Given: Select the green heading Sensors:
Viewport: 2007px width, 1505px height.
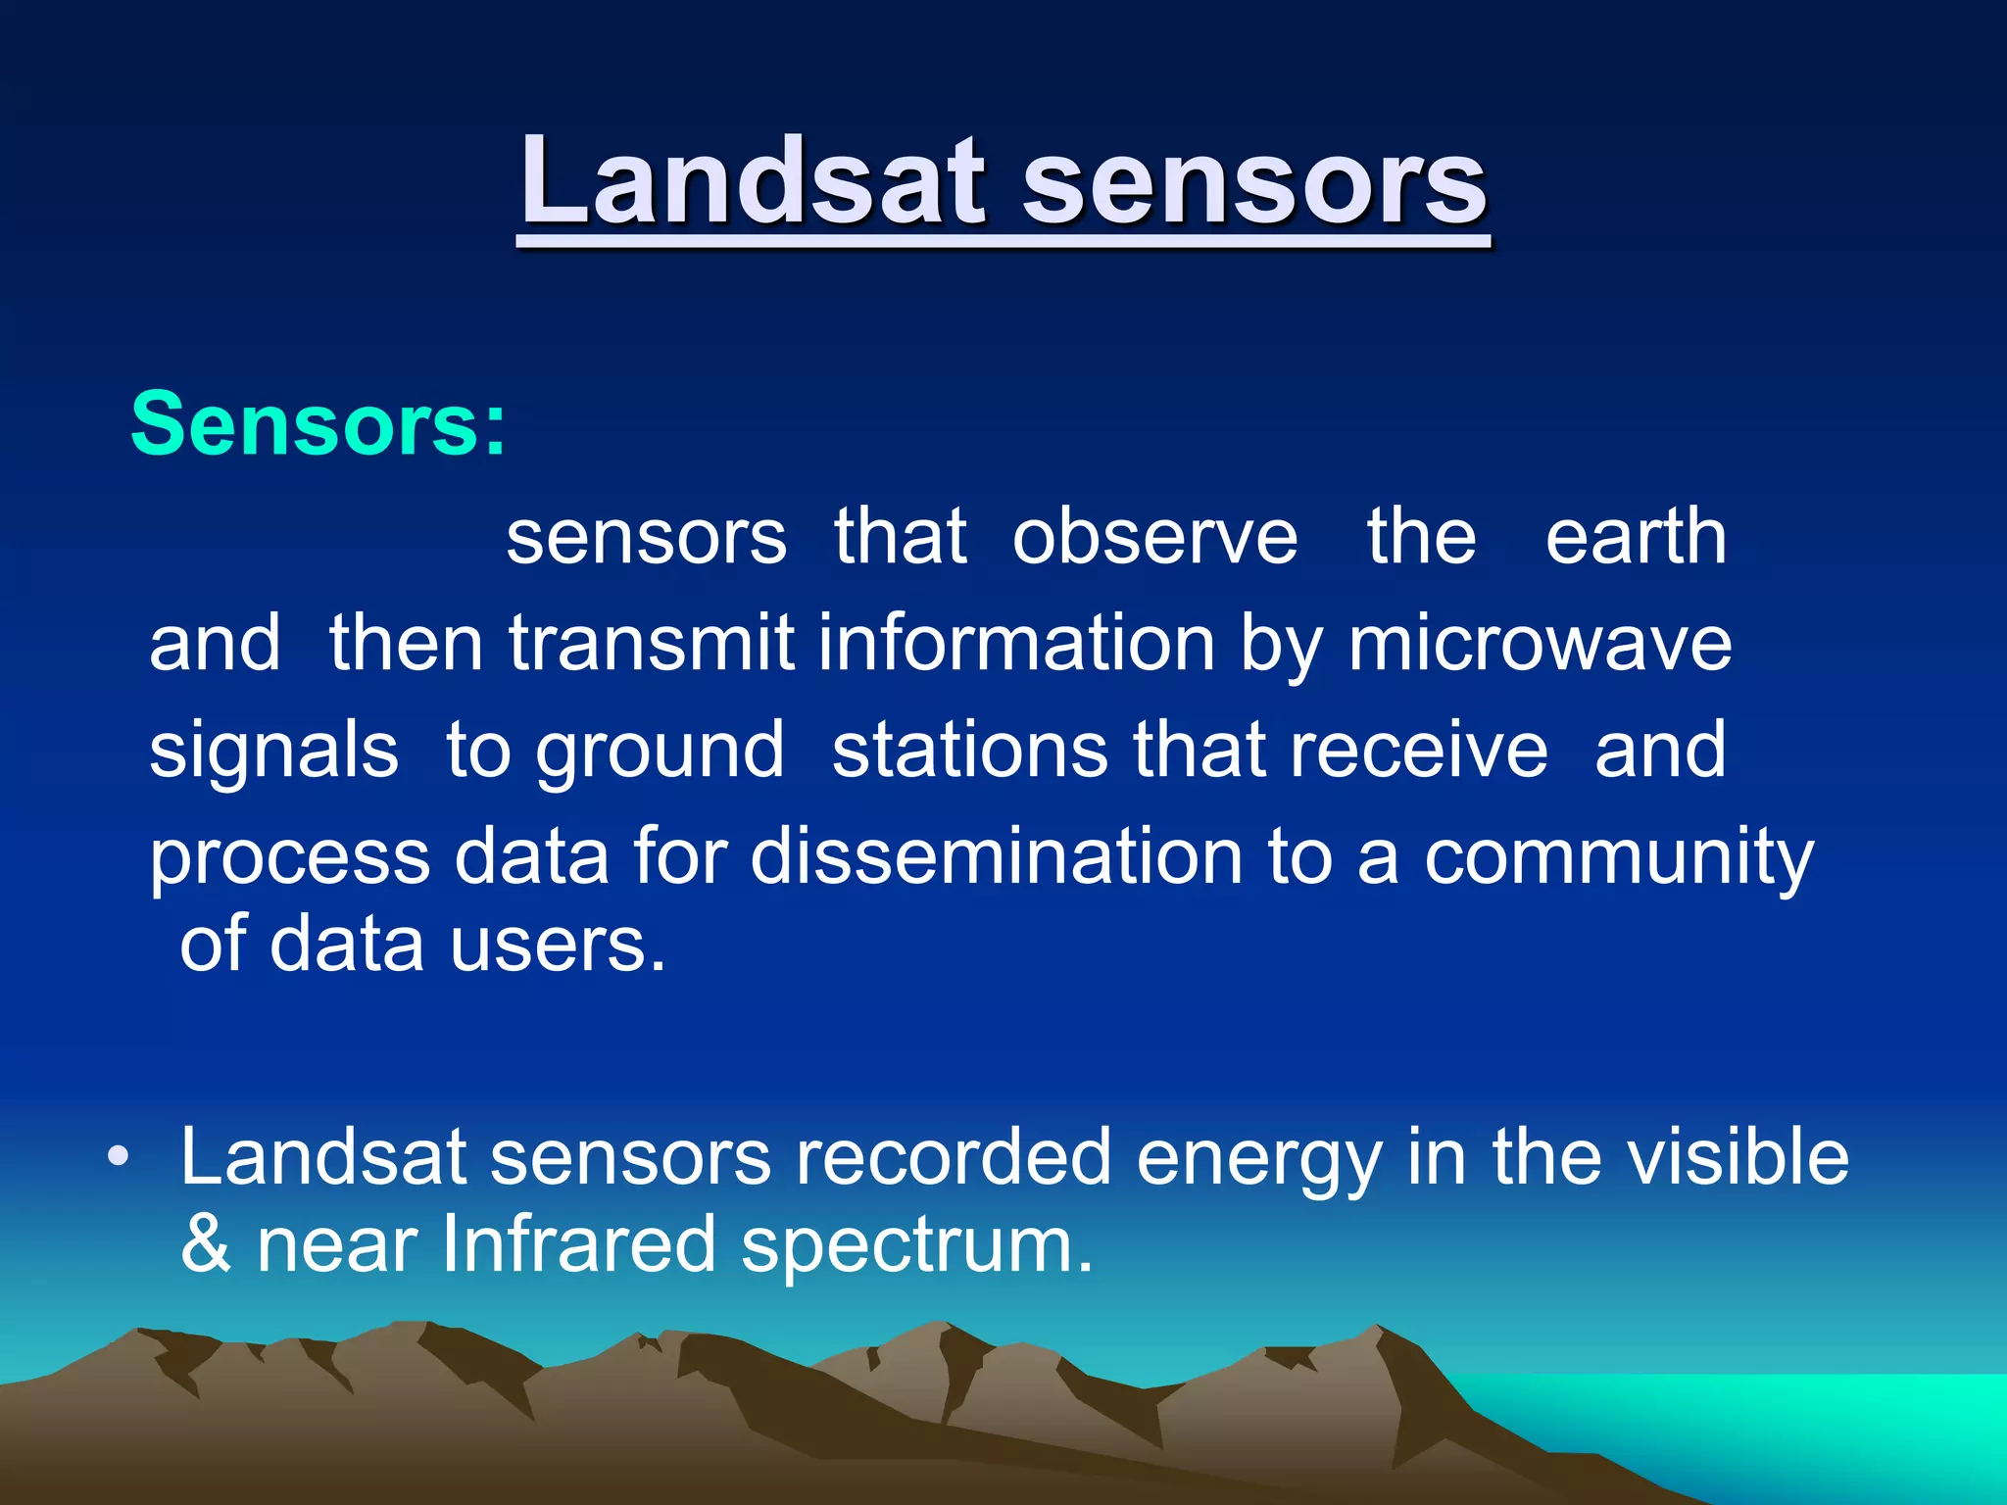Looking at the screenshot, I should (318, 424).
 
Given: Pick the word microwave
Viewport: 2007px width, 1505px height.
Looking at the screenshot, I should (1540, 645).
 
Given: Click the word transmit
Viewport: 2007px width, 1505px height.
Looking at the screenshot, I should (651, 644).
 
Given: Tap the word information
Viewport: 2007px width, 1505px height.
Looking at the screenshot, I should (1017, 644).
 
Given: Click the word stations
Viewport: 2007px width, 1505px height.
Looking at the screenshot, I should (971, 751).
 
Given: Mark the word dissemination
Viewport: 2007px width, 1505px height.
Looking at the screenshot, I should (997, 856).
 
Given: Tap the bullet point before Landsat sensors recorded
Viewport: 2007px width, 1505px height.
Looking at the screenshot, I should (119, 1156).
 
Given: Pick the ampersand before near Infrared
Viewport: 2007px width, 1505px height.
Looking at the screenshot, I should (206, 1244).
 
